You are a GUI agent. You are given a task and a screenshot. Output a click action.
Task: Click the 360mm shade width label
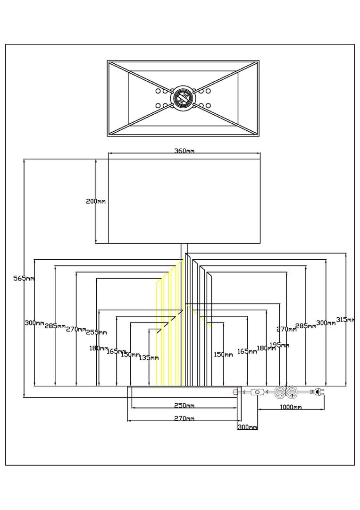(x=184, y=151)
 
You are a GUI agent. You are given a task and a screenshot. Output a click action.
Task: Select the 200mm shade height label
(x=95, y=201)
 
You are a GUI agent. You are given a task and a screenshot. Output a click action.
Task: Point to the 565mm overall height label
(x=24, y=279)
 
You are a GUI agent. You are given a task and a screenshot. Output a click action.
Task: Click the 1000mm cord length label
(x=290, y=407)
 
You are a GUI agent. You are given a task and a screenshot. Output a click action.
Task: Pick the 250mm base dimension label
(x=184, y=406)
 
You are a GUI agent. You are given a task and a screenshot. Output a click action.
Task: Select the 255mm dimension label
(x=96, y=332)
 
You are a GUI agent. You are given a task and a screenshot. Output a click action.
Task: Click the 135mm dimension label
(x=149, y=357)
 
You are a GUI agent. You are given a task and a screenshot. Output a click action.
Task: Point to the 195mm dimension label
(x=279, y=345)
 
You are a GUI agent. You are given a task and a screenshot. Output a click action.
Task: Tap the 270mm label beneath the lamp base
(x=184, y=418)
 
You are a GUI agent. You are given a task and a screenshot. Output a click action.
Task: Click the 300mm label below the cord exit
(x=247, y=427)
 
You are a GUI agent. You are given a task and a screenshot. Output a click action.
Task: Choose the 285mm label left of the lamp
(x=55, y=326)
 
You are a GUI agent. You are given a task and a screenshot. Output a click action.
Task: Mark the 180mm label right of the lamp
(x=266, y=348)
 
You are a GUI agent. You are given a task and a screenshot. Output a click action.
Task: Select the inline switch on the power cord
(x=257, y=392)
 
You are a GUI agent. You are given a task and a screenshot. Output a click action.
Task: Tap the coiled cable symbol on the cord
(x=285, y=392)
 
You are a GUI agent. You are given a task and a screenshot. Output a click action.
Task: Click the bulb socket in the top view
(x=183, y=98)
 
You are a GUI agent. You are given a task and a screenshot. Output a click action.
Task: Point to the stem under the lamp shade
(x=184, y=249)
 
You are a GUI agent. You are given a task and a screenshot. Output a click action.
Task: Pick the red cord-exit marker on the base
(x=235, y=392)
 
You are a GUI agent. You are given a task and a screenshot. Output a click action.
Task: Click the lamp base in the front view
(x=184, y=392)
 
